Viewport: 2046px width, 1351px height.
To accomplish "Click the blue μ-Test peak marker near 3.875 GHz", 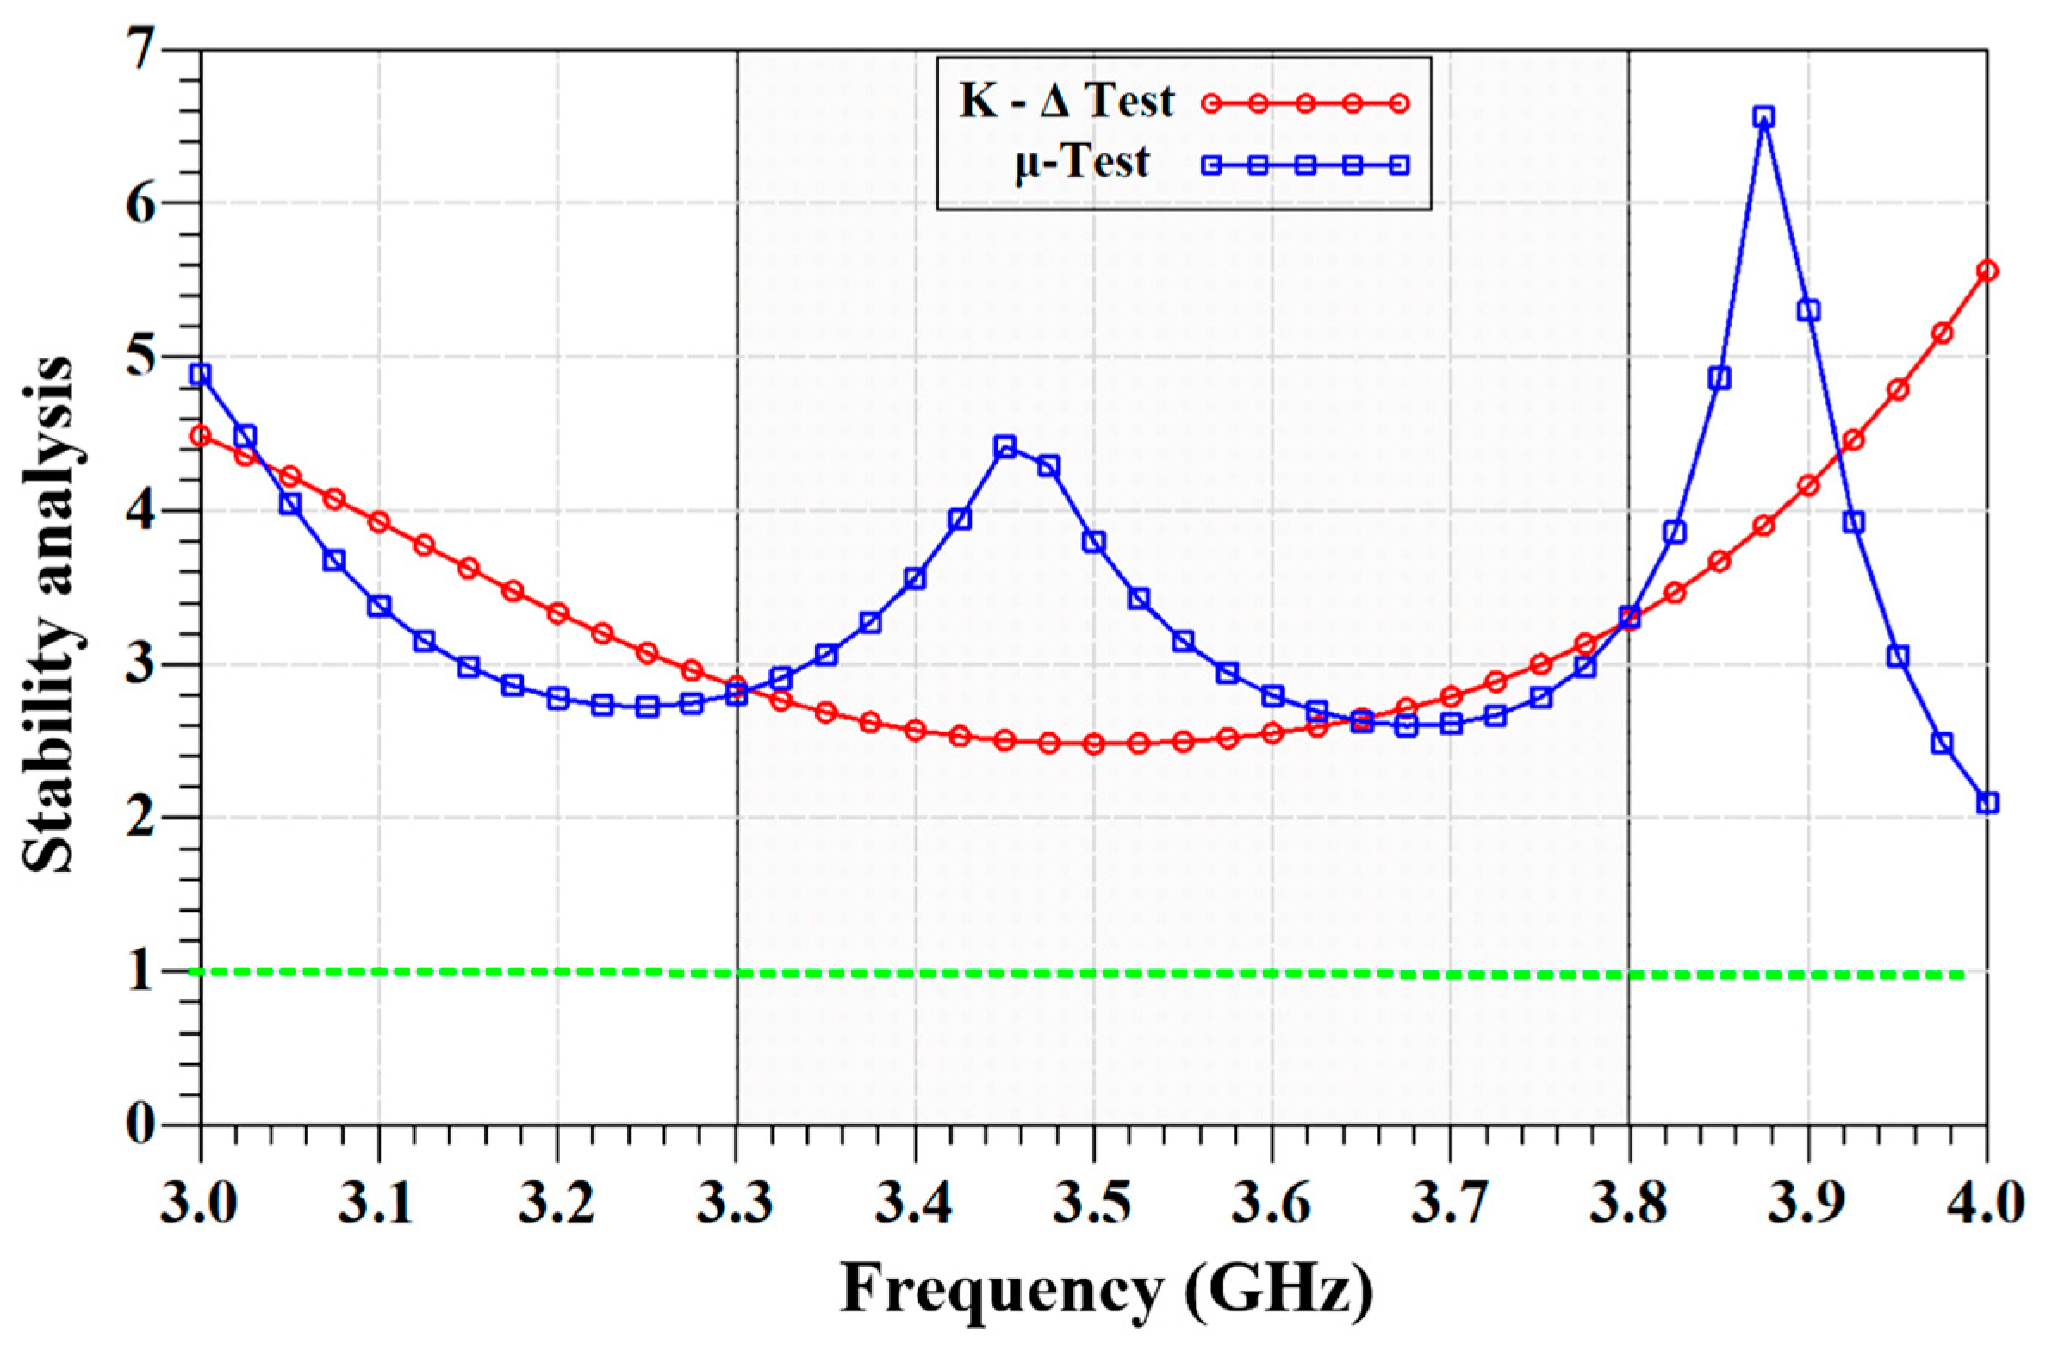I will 1763,117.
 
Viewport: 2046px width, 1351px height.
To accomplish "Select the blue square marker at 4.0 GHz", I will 1987,802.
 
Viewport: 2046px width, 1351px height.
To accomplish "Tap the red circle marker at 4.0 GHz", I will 1987,271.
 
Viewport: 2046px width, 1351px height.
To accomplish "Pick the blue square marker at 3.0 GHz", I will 201,375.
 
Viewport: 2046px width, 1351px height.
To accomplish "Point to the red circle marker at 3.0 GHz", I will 201,436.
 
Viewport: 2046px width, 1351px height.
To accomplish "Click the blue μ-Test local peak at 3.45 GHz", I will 1004,445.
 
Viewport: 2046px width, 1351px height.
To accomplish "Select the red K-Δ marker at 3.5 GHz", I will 1094,744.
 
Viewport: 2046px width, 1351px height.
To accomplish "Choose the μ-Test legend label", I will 1081,163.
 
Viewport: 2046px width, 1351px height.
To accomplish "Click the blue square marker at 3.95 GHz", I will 1897,657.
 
